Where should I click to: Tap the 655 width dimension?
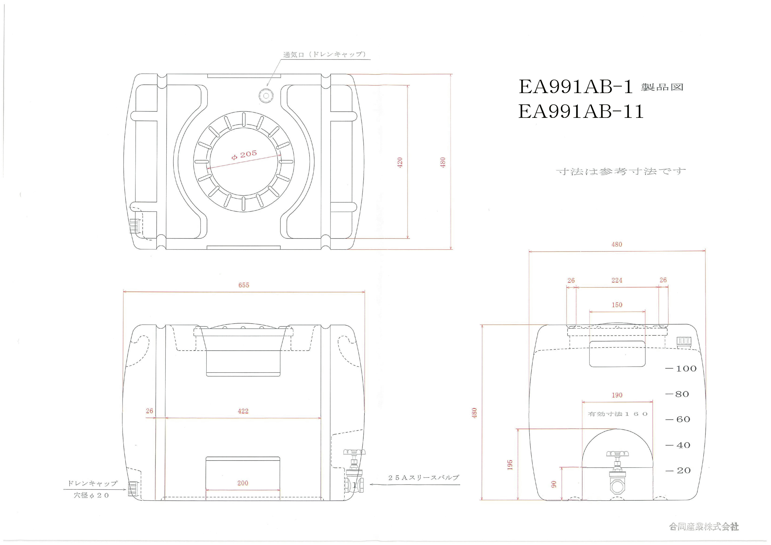point(244,285)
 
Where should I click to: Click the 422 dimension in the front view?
point(243,411)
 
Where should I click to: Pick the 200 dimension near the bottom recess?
point(243,483)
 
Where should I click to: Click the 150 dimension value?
point(617,305)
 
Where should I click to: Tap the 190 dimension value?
point(617,395)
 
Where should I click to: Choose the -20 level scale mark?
point(678,471)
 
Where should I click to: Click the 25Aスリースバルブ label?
point(423,477)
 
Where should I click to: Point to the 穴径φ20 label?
point(91,495)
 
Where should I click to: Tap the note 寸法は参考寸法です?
point(621,172)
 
